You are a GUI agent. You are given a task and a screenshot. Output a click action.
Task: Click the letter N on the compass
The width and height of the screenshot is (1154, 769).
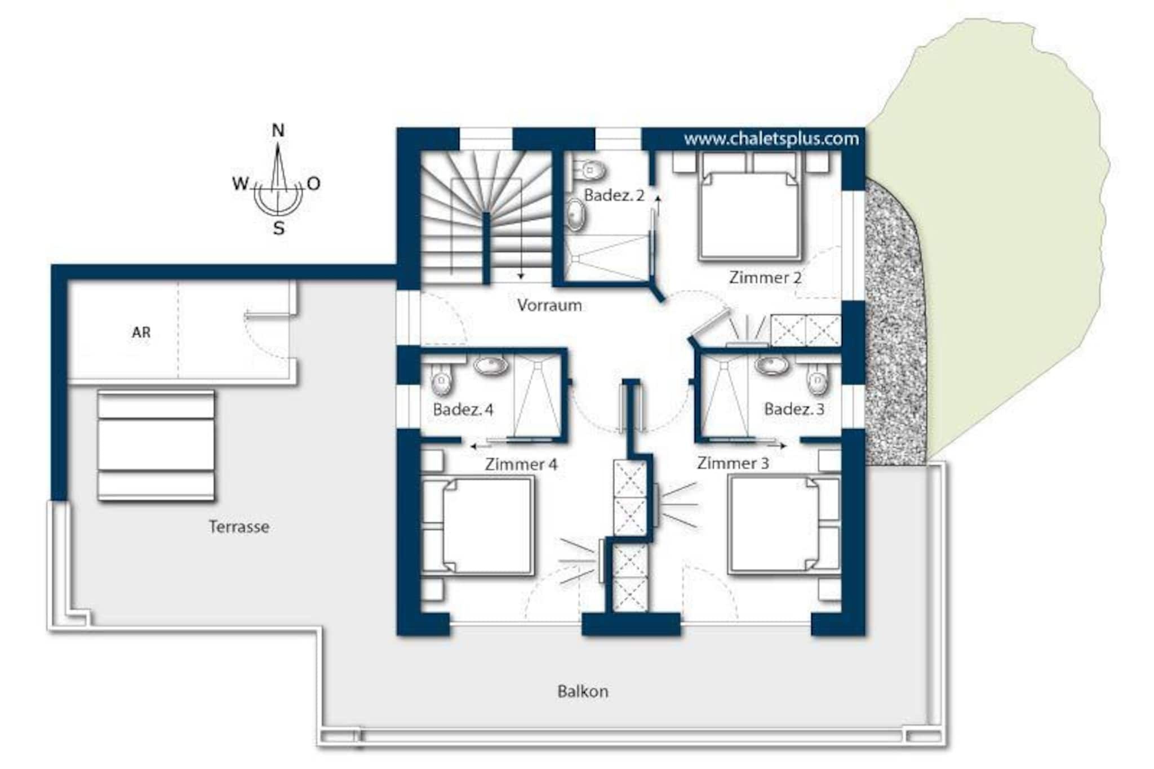coord(278,131)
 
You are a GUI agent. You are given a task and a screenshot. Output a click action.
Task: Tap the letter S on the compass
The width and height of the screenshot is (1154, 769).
coord(278,228)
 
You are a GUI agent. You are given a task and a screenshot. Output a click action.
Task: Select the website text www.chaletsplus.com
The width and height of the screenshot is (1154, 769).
coord(771,139)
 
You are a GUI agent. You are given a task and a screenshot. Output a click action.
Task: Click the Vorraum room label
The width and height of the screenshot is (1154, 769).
coord(549,305)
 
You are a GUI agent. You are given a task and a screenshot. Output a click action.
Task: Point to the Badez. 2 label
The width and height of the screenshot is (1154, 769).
coord(614,195)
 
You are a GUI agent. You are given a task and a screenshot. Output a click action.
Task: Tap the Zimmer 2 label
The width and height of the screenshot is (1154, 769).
coord(765,277)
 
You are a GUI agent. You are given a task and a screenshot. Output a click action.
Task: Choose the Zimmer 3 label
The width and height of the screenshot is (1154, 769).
coord(733,463)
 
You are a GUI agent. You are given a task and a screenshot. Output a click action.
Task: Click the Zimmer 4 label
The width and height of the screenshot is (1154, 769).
coord(521,464)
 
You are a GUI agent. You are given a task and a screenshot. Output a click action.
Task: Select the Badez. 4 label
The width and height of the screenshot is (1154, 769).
coord(463,410)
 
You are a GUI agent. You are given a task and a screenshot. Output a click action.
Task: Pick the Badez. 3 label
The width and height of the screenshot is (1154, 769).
coord(794,409)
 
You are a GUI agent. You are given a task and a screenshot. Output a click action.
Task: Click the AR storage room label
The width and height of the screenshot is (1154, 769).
coord(141,332)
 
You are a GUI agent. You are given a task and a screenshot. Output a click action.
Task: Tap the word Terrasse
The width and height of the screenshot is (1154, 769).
coord(239,527)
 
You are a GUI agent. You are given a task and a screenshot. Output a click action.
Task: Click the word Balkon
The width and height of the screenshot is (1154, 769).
coord(583,691)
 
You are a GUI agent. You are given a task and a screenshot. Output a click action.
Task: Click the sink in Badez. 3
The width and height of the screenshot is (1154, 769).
coord(772,365)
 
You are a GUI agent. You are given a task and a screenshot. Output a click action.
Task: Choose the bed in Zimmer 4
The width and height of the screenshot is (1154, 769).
coord(478,526)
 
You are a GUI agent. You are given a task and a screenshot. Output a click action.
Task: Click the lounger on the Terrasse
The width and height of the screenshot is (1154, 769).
coord(156,446)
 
